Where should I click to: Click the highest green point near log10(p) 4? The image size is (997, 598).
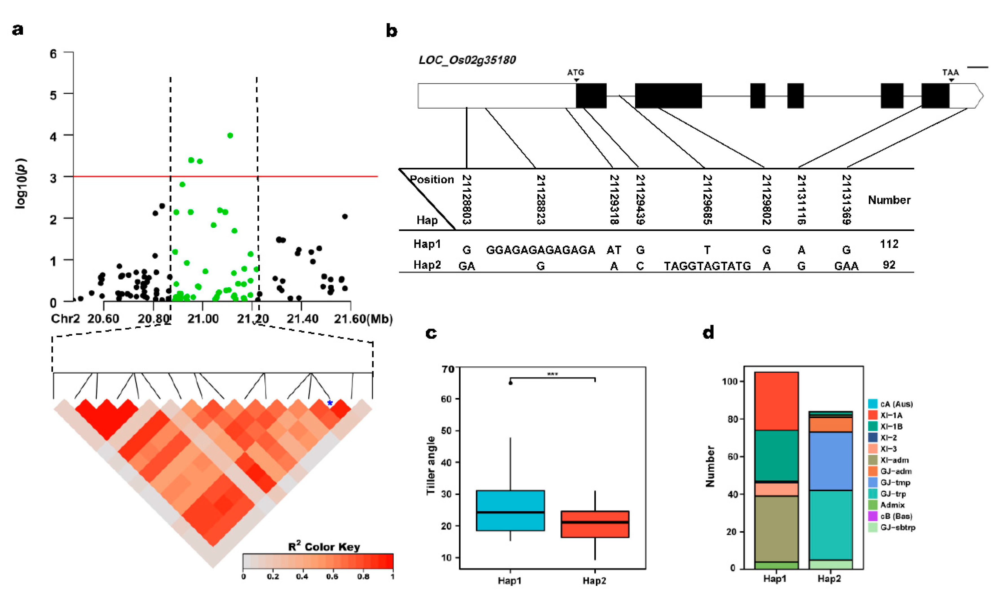pos(230,135)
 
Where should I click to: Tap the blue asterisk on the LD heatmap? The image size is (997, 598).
pos(330,403)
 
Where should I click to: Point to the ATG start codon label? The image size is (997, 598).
pos(575,72)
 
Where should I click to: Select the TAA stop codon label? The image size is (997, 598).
pos(950,72)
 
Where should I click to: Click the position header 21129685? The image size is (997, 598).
pos(707,199)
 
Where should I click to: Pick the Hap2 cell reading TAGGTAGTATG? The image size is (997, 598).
pos(707,266)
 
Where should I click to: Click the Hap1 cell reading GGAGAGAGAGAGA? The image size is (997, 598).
pos(541,250)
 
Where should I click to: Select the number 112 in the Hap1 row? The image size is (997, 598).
pos(889,244)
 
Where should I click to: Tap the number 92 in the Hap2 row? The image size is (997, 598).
pos(889,265)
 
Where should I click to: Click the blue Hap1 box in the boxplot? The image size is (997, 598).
pos(510,511)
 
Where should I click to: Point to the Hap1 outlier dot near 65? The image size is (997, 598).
pos(510,383)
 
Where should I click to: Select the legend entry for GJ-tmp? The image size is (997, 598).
pos(895,482)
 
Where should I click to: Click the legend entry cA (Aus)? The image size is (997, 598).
pos(896,404)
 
